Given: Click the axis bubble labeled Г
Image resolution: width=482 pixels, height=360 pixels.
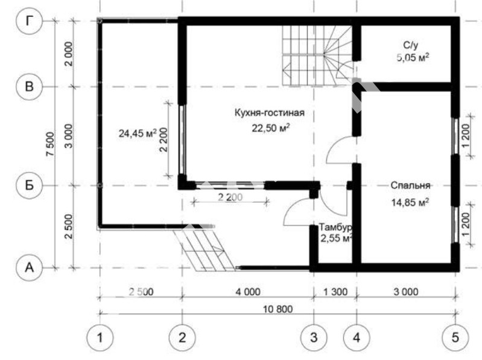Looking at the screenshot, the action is point(29,21).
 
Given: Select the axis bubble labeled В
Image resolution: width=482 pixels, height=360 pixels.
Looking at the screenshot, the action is point(29,87).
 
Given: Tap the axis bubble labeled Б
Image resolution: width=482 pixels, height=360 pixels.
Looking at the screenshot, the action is point(29,185).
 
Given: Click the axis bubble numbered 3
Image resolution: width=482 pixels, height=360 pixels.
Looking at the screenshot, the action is point(314,338).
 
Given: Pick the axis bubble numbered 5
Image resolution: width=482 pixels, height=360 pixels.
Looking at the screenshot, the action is point(455,338).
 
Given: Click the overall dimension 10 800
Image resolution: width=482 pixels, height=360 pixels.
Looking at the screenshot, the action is point(278,309).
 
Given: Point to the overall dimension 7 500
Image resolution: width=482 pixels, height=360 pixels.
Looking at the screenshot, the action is point(51,144).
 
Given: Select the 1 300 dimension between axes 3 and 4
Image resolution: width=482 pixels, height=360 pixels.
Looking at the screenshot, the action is point(335,291).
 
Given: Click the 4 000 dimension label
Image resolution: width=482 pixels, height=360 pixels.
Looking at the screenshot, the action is point(248,291).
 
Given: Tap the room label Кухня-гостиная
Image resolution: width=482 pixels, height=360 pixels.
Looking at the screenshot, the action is point(270,113).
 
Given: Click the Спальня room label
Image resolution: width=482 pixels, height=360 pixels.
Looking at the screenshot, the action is point(410,186).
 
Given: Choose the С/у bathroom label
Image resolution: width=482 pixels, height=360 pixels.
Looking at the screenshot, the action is point(411,45).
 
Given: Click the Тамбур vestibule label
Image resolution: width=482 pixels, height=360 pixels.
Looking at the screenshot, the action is point(335,227).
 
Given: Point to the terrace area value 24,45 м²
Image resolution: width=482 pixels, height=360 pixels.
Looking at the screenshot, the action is point(138,133).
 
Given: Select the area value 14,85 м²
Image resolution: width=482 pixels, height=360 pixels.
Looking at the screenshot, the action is point(410,203).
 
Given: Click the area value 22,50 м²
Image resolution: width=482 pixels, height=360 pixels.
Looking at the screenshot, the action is point(271,127).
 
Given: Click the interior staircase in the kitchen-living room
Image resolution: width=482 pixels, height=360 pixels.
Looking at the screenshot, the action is point(317,55).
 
